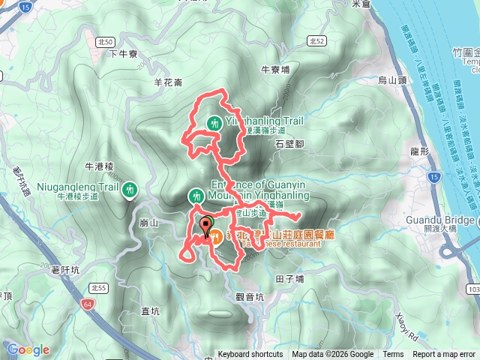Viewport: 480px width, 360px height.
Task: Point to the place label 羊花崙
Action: [167, 82]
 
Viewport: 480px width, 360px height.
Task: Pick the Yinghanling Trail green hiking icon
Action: [215, 122]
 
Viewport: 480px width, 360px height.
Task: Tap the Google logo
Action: [28, 349]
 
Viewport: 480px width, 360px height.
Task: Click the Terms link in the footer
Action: [393, 355]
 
